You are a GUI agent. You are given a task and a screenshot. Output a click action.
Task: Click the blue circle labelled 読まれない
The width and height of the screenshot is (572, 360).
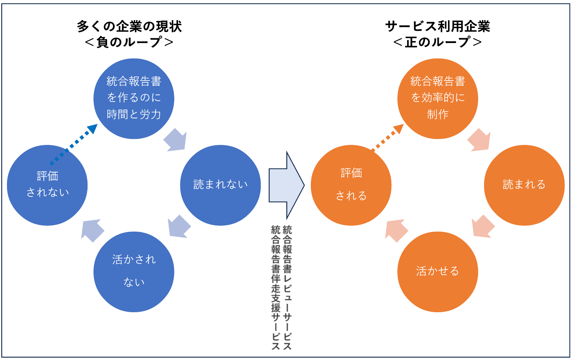[x=220, y=185]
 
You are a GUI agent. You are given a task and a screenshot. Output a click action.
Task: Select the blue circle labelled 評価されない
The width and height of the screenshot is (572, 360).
[x=47, y=185]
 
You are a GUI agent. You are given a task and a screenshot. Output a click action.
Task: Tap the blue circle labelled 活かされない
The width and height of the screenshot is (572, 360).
[x=134, y=272]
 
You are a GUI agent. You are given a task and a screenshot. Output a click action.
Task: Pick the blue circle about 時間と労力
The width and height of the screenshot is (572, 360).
[x=134, y=99]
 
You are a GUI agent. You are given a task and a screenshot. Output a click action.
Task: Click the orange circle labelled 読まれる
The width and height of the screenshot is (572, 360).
[x=524, y=185]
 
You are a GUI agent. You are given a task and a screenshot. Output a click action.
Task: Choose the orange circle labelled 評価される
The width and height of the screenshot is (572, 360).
[x=351, y=185]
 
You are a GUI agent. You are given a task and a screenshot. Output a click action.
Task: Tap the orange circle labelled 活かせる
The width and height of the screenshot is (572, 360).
[x=438, y=272]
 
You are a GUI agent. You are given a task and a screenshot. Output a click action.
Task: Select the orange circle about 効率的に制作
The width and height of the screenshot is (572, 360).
[x=438, y=99]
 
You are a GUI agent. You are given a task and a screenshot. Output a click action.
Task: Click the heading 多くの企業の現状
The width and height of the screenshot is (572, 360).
[x=129, y=26]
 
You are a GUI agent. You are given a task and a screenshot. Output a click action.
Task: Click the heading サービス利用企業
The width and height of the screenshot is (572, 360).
[x=438, y=26]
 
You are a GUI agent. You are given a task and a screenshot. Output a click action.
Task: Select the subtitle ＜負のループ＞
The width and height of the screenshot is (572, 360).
[x=129, y=42]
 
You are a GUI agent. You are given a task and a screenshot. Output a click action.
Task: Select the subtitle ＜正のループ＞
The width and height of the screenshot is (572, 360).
[x=438, y=42]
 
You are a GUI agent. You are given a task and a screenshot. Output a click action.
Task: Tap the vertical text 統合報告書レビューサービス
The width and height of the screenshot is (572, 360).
[x=287, y=287]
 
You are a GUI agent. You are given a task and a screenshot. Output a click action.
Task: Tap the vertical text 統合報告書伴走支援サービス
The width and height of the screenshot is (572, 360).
[x=276, y=287]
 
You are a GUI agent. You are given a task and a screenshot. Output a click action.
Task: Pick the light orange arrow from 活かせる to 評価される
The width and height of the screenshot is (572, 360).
[x=396, y=230]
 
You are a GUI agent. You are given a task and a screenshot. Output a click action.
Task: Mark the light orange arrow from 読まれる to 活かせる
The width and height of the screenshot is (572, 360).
[x=483, y=226]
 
